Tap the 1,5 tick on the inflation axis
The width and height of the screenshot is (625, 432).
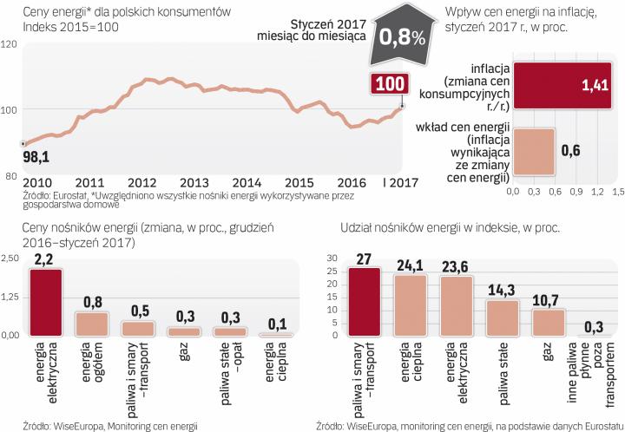[x=618, y=189]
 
